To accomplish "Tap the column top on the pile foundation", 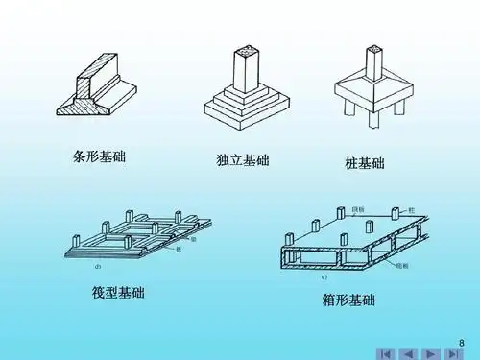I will [x=367, y=50].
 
